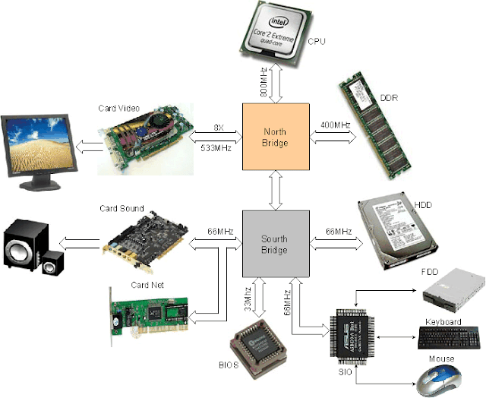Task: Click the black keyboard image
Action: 450,336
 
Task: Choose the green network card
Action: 148,313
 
